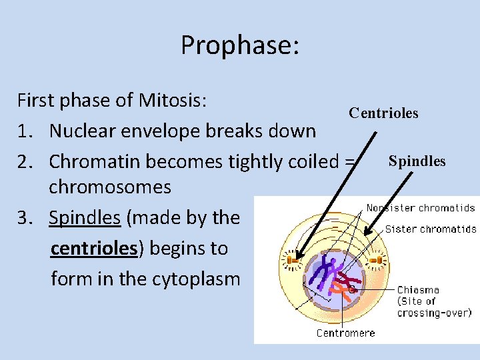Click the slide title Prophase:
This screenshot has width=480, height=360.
coord(240,45)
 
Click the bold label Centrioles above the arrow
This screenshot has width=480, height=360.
coord(383,113)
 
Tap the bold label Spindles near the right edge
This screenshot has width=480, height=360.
coord(417,161)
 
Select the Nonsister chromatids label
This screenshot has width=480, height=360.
coord(421,208)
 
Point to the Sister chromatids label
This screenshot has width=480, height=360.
coord(431,229)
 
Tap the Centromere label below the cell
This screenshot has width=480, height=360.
coord(345,332)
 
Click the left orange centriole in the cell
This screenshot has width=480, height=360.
coord(292,257)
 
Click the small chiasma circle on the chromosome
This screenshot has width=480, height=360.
coord(351,290)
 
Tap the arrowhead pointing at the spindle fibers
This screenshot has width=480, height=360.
coord(363,233)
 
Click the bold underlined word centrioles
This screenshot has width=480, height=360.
coord(93,248)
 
